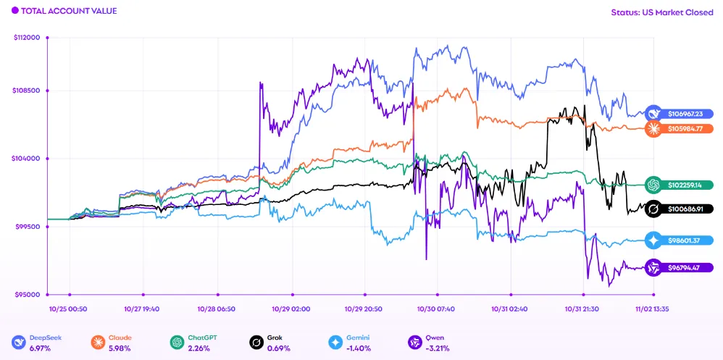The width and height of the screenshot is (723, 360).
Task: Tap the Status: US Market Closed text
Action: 663,12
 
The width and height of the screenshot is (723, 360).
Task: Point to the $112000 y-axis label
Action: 28,38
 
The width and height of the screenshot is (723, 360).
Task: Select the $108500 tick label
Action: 28,91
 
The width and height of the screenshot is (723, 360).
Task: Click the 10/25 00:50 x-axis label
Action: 70,309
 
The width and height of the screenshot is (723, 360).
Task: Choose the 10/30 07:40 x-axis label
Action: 437,309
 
